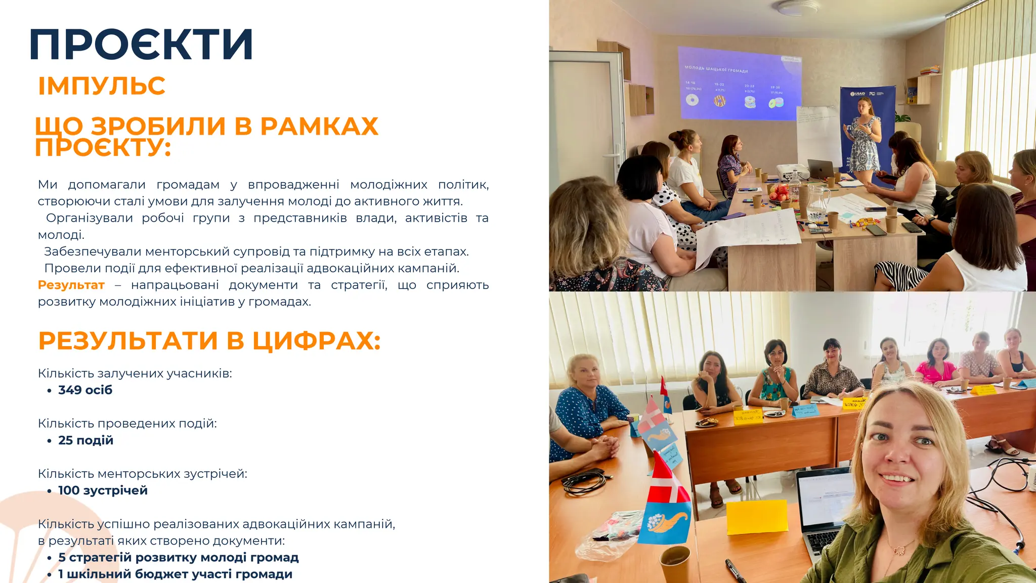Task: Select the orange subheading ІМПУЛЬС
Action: (102, 86)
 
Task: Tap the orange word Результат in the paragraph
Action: (71, 285)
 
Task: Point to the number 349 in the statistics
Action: (70, 390)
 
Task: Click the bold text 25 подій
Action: (85, 440)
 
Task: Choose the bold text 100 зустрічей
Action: (103, 490)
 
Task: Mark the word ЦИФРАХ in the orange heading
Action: (316, 341)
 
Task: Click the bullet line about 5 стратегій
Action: (178, 557)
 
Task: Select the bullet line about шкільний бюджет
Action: (175, 574)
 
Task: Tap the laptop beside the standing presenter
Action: (821, 169)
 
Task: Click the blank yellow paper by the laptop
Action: (757, 516)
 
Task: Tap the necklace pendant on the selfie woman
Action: (898, 549)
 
